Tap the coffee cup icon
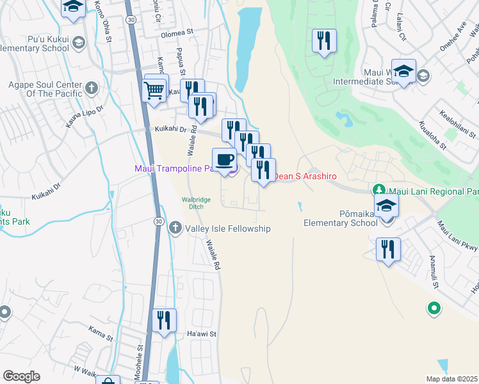[x=223, y=159]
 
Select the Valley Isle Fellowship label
[x=227, y=228]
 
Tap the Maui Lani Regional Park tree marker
[x=378, y=191]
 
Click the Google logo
[x=20, y=376]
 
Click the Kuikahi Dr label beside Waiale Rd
[x=169, y=129]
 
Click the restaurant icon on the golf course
[x=323, y=41]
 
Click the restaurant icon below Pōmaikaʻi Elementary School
[x=388, y=249]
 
